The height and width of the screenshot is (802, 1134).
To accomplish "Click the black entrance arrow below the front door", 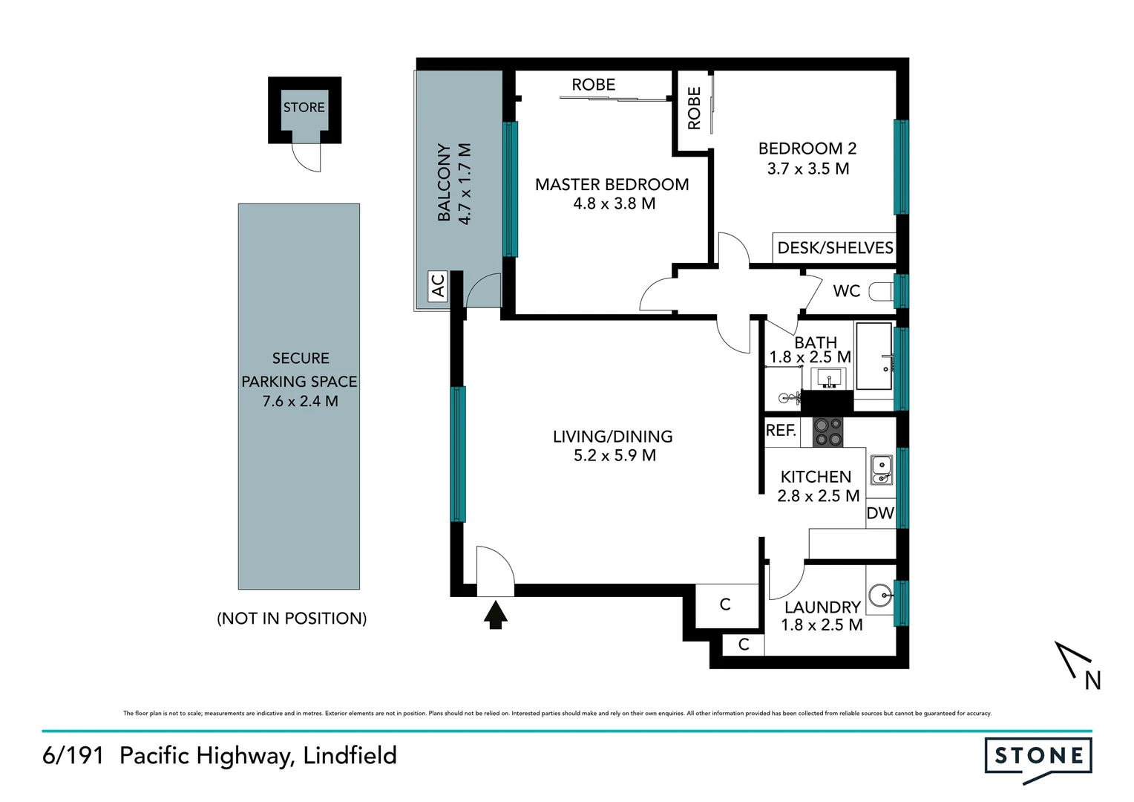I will (495, 615).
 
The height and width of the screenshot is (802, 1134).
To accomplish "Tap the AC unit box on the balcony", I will (438, 285).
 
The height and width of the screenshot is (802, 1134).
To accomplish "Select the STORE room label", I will (304, 108).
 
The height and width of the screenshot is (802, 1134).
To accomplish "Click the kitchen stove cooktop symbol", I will (827, 432).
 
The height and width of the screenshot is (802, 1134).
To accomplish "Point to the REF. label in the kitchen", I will (781, 430).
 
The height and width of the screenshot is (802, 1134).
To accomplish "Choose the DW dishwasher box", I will (880, 513).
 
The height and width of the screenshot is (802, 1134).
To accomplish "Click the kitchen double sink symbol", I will (881, 469).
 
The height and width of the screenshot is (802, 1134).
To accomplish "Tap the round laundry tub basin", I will (880, 595).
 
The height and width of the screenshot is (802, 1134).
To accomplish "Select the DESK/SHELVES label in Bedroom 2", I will (835, 248).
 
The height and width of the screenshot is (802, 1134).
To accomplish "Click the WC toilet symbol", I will (881, 291).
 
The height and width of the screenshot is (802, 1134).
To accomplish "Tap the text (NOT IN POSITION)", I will (292, 619).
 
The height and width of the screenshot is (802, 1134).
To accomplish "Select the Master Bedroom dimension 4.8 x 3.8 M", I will (614, 203).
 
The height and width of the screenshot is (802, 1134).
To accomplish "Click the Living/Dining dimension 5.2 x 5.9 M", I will (614, 455).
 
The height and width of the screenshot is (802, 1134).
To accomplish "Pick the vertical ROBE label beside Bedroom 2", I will (694, 108).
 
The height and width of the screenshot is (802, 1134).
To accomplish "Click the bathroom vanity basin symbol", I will (828, 379).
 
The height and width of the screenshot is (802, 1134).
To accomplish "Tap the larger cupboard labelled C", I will (725, 605).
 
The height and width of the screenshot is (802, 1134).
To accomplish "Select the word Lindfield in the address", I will (350, 756).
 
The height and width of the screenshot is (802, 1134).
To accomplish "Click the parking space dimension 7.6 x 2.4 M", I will (300, 402).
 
